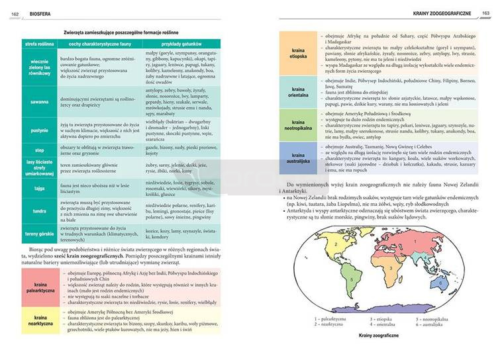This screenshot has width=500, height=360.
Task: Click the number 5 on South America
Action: click(350, 279)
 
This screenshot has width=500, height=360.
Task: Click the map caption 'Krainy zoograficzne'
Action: click(378, 336)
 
